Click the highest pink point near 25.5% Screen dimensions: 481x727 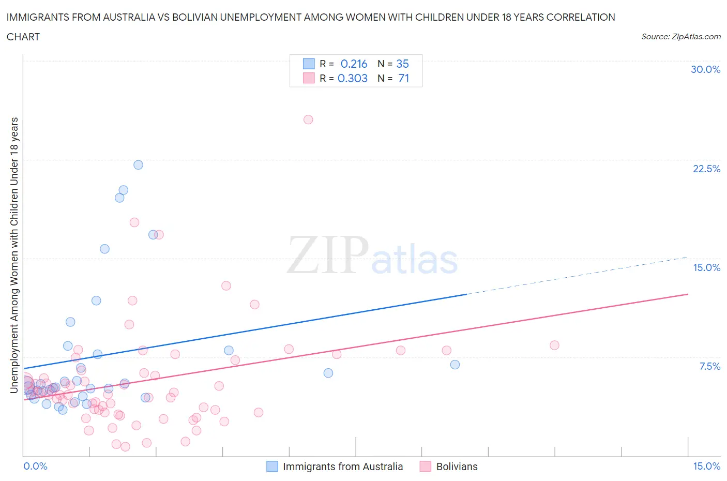[308, 119]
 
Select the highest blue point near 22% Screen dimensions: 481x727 [138, 165]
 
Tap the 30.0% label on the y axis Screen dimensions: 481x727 [705, 69]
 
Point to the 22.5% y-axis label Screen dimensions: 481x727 [706, 169]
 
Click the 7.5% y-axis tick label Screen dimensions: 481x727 [709, 366]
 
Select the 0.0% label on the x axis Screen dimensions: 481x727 [35, 466]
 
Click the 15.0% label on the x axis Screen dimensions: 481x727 [706, 466]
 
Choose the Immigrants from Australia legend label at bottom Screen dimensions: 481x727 [342, 467]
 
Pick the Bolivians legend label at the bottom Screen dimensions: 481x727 [457, 467]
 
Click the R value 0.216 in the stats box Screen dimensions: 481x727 [354, 64]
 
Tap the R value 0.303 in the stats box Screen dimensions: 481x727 [353, 78]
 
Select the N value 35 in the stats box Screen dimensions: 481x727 [402, 64]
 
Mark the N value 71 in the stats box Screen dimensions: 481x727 [403, 78]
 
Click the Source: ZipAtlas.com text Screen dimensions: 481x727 [680, 37]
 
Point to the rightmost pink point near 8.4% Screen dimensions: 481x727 [554, 345]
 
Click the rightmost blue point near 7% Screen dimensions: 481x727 [455, 365]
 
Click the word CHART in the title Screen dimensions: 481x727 [23, 37]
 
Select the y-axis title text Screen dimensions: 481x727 [14, 255]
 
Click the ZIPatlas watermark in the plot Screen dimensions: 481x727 [372, 255]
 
